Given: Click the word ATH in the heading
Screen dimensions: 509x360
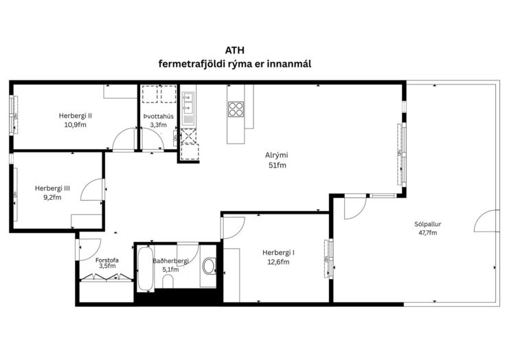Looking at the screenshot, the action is [x=235, y=51].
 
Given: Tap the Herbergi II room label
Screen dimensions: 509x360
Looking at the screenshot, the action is [x=76, y=115].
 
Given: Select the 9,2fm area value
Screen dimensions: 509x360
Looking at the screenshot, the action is [x=53, y=197].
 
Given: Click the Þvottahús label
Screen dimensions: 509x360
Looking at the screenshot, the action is [x=159, y=116].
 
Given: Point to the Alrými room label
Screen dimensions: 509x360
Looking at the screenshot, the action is [x=277, y=155].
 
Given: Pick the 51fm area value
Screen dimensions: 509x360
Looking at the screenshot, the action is [x=278, y=166].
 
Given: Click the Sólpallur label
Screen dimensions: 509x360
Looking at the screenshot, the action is [x=428, y=224].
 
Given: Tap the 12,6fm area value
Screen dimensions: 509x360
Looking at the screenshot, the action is [x=278, y=262].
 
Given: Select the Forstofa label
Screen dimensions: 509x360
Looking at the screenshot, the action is [x=106, y=260].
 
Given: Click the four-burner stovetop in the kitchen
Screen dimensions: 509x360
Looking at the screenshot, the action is [x=236, y=109].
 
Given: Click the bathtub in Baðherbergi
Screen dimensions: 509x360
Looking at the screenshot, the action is [x=146, y=269].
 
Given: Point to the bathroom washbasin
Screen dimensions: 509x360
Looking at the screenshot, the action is [x=210, y=267].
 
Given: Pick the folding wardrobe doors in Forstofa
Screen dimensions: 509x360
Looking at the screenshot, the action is [x=106, y=278].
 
